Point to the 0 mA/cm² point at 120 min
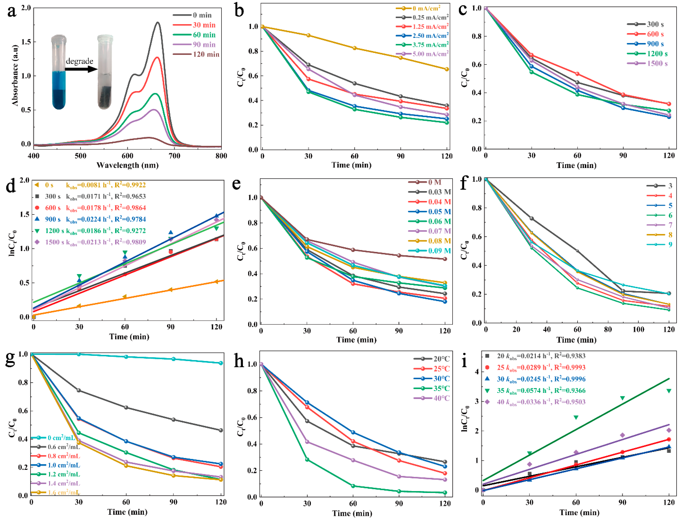[x=447, y=69]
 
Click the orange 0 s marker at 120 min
[x=216, y=282]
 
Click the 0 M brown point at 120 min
[x=445, y=259]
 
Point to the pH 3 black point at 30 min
[x=532, y=218]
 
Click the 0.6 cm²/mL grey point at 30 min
[x=79, y=390]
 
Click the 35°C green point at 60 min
[x=353, y=486]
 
